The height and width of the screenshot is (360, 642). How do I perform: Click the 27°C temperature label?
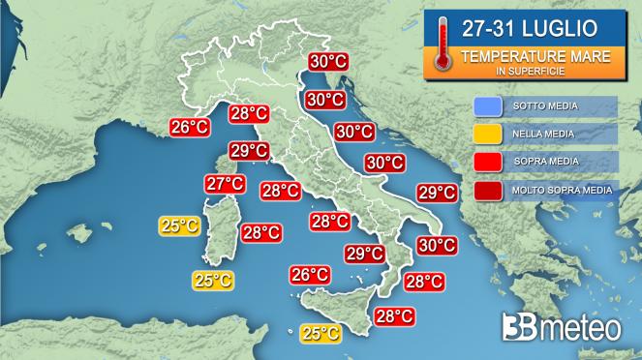[224, 184]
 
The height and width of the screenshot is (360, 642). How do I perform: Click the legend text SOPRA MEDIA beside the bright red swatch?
[546, 162]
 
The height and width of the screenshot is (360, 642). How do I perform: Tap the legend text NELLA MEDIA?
[545, 134]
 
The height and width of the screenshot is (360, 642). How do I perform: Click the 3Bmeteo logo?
[561, 327]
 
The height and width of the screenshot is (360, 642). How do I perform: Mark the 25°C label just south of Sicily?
[320, 334]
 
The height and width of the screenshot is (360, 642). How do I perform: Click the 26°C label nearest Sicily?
[310, 275]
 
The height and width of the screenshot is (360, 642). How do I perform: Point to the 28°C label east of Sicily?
[394, 315]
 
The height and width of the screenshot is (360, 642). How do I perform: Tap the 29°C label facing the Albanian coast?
[436, 193]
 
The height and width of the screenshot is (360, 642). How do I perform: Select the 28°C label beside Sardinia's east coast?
[261, 232]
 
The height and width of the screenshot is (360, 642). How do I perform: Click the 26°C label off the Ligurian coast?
[190, 127]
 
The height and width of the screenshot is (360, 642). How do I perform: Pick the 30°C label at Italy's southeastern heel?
[436, 245]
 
